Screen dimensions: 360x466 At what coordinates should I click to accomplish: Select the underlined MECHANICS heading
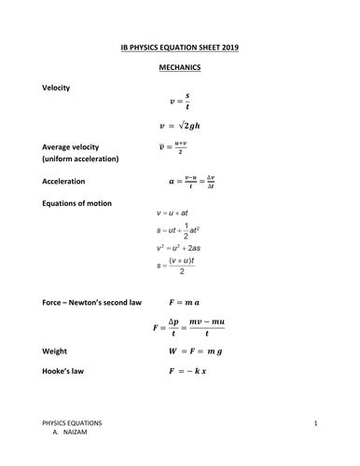(x=181, y=68)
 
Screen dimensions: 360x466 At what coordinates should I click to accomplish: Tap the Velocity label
(x=58, y=87)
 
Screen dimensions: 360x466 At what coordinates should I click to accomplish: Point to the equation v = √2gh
(x=187, y=125)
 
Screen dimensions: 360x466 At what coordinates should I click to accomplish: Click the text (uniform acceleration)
(x=81, y=159)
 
